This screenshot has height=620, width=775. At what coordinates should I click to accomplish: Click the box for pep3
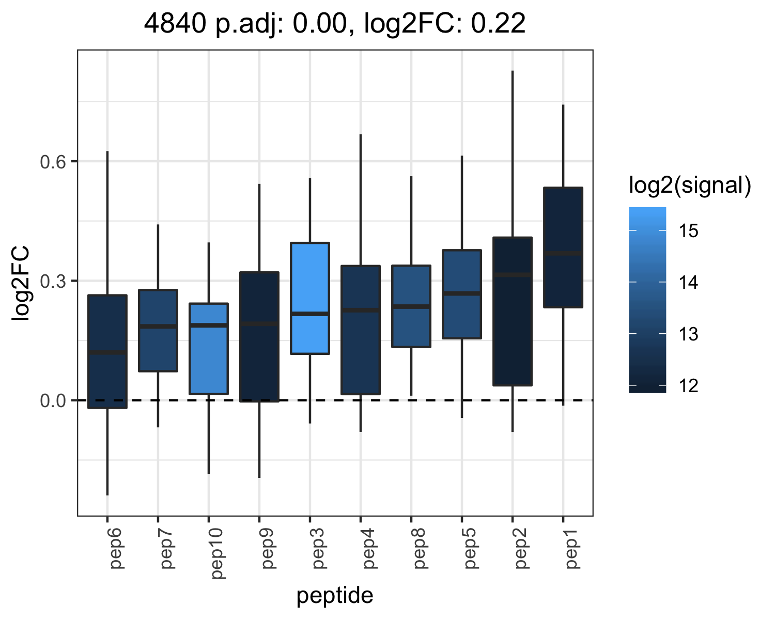(309, 298)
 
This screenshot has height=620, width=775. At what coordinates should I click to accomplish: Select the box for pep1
(563, 247)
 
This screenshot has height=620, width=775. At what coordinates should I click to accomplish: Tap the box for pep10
(209, 349)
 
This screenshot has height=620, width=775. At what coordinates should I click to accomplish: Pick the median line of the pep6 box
(107, 352)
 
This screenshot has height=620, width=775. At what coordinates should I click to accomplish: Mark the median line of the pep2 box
(513, 275)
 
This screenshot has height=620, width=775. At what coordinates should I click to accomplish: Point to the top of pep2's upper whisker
(513, 71)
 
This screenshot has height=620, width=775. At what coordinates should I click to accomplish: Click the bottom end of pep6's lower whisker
(107, 495)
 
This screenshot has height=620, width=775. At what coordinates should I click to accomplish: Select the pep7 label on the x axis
(166, 549)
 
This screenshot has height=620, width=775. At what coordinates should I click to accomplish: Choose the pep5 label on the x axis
(470, 549)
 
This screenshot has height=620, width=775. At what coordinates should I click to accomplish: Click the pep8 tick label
(420, 549)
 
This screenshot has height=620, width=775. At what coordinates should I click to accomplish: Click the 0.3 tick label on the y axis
(53, 282)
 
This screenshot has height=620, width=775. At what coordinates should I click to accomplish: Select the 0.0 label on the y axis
(53, 400)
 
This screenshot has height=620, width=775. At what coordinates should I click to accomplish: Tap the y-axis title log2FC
(20, 283)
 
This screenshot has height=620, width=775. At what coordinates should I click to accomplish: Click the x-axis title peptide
(335, 596)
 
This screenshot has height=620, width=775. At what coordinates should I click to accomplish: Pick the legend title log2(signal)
(690, 185)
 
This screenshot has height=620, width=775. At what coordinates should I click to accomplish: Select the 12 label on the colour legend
(688, 386)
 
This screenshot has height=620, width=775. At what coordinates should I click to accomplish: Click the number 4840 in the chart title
(175, 24)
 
